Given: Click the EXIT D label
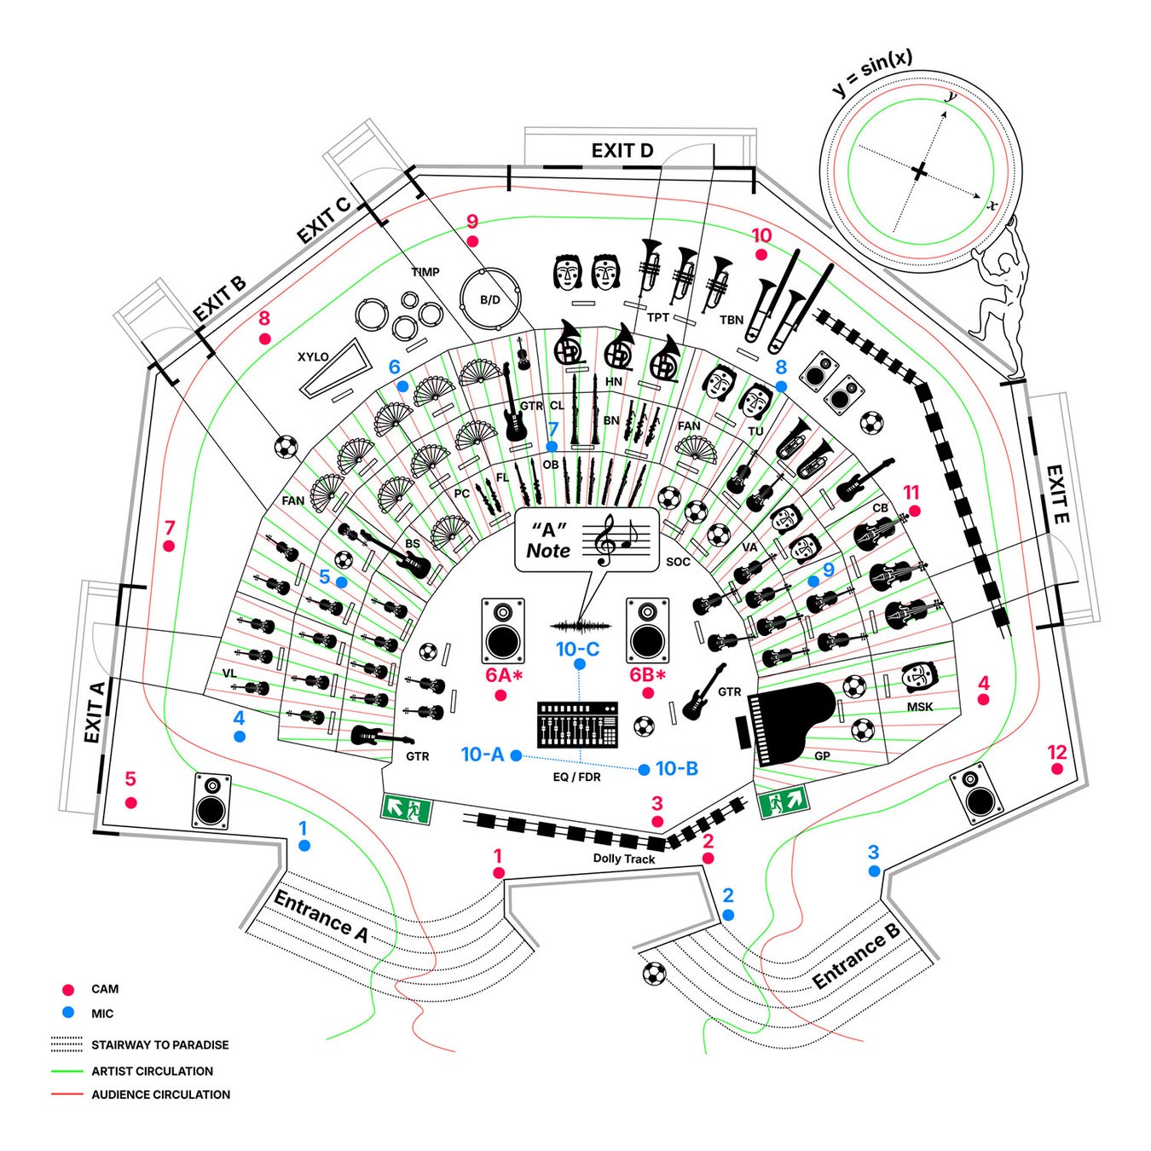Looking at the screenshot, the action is coord(622,151).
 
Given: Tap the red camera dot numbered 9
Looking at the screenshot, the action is coord(472,242).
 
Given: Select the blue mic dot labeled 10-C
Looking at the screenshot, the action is coord(578,665).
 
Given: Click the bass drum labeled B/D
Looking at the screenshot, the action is coord(490,299).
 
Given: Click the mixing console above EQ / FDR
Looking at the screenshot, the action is coord(577,725).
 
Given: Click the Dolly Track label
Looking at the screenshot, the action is coord(623,859).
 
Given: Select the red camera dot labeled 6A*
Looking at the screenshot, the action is coord(500,695).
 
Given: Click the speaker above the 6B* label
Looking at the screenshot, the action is coord(646,630).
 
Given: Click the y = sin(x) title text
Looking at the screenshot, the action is coord(872,73).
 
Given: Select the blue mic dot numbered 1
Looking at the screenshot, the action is coord(304,845).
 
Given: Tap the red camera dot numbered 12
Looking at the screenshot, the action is coord(1056,769).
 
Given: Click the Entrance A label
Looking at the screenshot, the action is coord(321,917).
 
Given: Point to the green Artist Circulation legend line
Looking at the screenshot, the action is coord(67,1071).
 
